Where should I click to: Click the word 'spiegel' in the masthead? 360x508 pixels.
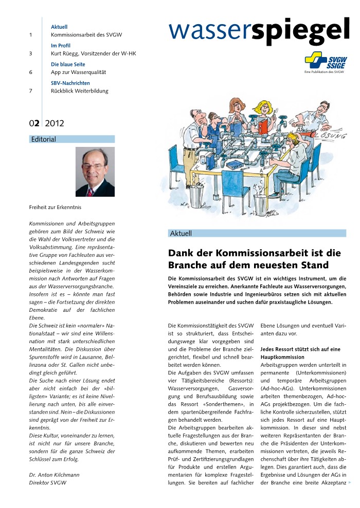tap(301, 32)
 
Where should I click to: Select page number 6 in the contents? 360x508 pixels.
tap(31, 72)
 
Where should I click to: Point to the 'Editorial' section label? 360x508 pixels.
tap(44, 139)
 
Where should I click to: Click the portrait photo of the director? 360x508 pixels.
tap(95, 172)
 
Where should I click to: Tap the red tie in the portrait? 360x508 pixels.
tap(91, 192)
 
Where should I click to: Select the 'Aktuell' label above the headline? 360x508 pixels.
tap(181, 234)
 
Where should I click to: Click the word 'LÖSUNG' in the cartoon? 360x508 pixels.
tap(334, 136)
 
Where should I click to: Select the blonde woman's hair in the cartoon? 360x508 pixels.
tap(264, 106)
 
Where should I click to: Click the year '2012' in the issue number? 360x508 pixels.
tap(55, 123)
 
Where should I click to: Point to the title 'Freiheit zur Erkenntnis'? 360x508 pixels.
tap(55, 208)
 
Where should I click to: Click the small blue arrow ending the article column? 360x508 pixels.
tap(350, 483)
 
